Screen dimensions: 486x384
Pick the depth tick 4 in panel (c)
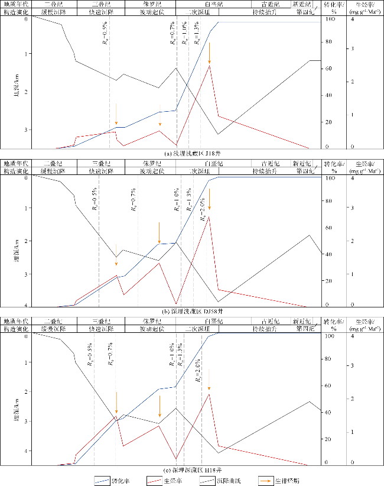click(x=26, y=451)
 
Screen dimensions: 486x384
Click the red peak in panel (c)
click(x=209, y=394)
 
